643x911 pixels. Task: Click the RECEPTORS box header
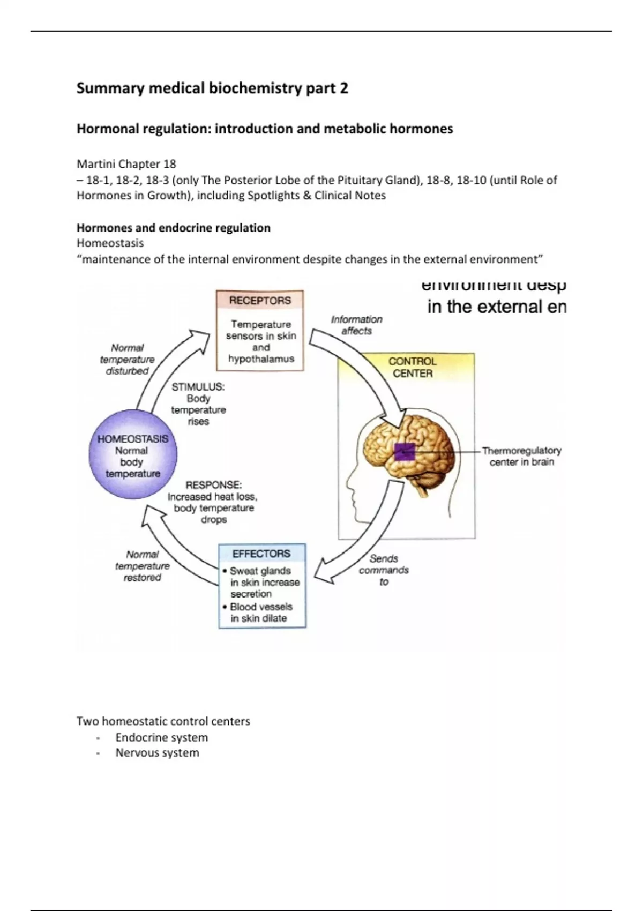(260, 301)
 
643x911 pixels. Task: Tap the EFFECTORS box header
(261, 554)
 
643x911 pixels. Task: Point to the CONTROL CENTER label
(412, 367)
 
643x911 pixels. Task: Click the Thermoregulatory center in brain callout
(521, 456)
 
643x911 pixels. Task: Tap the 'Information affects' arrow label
(357, 325)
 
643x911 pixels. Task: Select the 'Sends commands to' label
(384, 570)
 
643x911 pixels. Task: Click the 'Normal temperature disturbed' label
(127, 359)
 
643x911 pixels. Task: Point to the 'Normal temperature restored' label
(142, 566)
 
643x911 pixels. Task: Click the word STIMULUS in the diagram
(198, 387)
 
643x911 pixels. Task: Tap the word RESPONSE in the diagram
(213, 485)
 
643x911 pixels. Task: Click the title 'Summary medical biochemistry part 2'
(212, 88)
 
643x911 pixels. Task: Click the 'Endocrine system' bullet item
(161, 737)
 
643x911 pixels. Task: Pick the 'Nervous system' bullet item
(157, 752)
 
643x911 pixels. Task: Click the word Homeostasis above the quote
(110, 243)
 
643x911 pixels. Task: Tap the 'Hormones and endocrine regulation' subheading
(173, 228)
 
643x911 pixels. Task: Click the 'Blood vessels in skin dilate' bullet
(260, 613)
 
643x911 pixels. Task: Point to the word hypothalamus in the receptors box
(261, 359)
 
